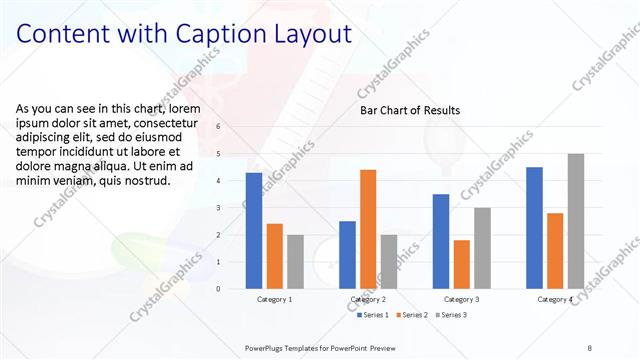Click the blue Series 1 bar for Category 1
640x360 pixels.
(x=254, y=231)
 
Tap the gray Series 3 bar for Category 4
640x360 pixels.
(x=575, y=221)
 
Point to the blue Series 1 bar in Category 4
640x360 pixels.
(x=534, y=228)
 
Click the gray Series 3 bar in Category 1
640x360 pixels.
(x=295, y=262)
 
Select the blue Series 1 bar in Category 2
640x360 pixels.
(x=347, y=255)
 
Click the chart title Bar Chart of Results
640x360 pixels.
(x=410, y=110)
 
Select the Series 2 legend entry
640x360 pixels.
(x=412, y=315)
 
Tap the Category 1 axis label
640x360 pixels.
(x=274, y=299)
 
